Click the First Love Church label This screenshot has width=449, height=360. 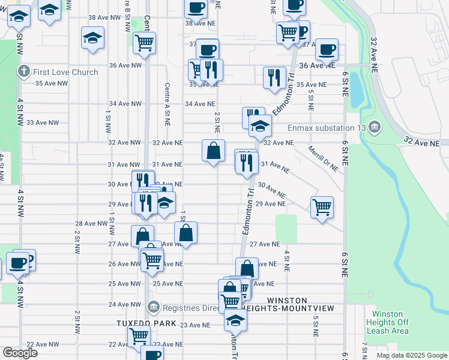65,73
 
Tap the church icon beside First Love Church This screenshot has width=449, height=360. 24,73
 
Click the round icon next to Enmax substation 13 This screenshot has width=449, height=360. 375,127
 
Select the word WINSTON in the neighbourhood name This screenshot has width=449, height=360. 287,300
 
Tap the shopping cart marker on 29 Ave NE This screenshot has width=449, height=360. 322,207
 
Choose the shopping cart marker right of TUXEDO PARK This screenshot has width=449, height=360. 139,336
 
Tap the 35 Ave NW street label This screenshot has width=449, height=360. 50,83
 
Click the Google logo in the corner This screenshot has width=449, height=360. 20,353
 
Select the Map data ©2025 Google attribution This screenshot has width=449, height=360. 411,355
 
